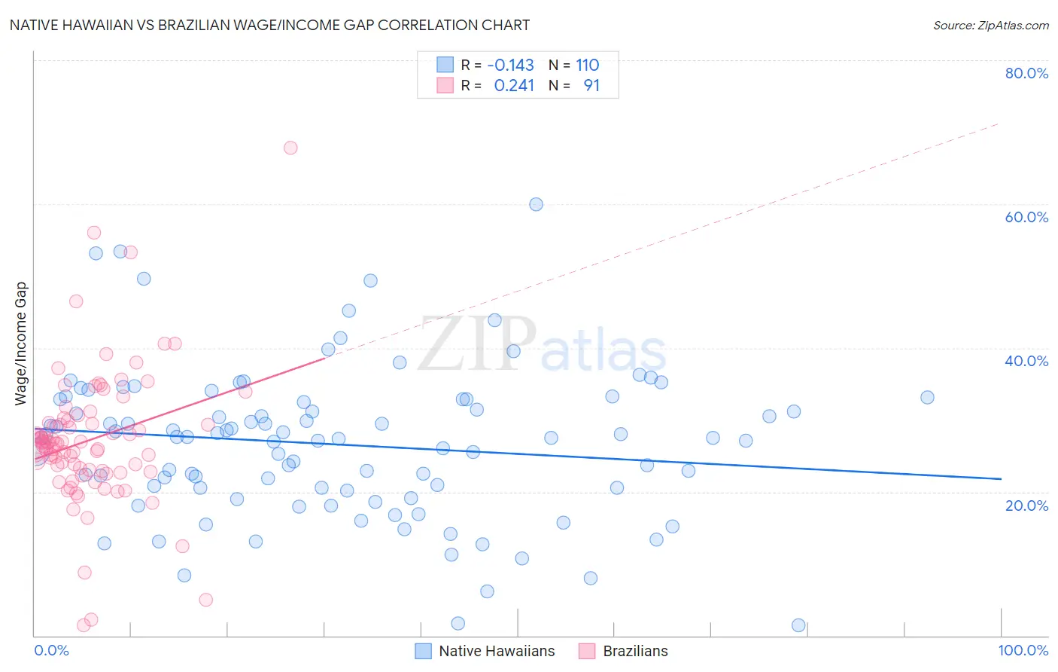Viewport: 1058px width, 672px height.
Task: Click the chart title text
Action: click(x=269, y=25)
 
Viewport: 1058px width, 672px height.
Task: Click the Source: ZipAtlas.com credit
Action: click(x=990, y=25)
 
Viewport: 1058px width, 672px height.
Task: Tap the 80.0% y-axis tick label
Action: click(x=1026, y=73)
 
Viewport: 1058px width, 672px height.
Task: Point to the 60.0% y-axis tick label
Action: click(x=1026, y=217)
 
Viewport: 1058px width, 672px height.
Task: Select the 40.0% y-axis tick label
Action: click(x=1026, y=361)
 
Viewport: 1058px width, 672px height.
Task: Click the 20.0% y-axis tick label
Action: click(x=1026, y=506)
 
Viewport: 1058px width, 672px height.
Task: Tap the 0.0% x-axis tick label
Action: click(x=51, y=650)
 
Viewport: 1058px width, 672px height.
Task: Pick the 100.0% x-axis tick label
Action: click(x=1023, y=650)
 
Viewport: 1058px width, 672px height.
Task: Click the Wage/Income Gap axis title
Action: click(x=21, y=344)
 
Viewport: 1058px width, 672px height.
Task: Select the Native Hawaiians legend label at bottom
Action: click(x=497, y=651)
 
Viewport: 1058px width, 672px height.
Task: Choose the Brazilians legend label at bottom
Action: click(x=635, y=651)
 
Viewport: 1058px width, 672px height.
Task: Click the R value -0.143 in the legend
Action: click(x=510, y=65)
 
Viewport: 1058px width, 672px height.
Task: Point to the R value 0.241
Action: click(x=514, y=86)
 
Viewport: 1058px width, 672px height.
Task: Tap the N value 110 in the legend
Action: click(x=588, y=65)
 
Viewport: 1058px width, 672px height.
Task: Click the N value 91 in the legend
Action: click(x=591, y=86)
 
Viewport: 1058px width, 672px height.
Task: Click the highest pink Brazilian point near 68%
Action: click(x=290, y=148)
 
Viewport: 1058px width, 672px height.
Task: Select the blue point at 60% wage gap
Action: click(x=536, y=204)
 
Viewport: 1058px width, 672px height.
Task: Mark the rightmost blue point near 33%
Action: click(x=927, y=397)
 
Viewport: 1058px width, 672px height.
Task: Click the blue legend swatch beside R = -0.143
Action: click(x=445, y=65)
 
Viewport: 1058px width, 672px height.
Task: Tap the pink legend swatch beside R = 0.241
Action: click(x=445, y=86)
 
